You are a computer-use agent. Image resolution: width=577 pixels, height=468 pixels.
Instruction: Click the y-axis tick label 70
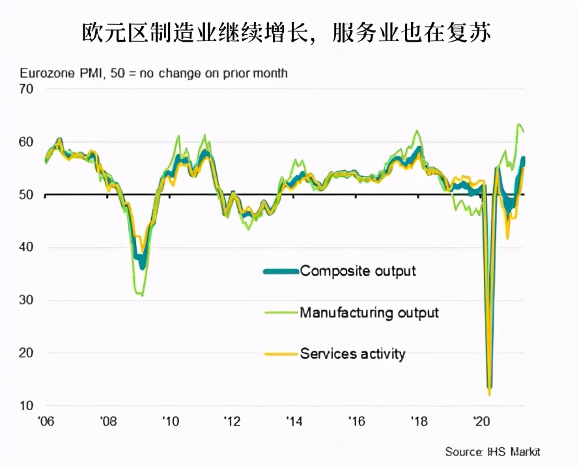[x=25, y=89]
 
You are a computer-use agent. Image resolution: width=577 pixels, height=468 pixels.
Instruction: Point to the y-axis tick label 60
[x=25, y=142]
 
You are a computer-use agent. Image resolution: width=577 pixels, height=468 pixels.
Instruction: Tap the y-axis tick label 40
[x=25, y=248]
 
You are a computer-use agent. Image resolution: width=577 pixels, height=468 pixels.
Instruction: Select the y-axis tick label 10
[x=25, y=406]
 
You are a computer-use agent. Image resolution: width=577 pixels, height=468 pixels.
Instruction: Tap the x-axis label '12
[x=232, y=420]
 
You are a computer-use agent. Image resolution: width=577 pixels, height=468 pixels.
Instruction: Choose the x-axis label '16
[x=356, y=420]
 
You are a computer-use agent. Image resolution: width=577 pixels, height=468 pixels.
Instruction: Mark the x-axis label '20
[x=481, y=420]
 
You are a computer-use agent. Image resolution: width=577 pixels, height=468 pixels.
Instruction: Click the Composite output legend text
[x=358, y=271]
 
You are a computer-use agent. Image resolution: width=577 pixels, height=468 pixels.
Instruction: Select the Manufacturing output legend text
[x=369, y=313]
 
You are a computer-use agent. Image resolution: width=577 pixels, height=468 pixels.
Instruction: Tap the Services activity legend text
[x=352, y=354]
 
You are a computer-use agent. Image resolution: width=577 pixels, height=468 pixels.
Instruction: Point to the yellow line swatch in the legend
[x=281, y=355]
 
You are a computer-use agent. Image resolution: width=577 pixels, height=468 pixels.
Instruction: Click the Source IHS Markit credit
[x=493, y=452]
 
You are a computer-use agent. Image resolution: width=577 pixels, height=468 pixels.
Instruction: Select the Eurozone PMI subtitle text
[x=154, y=73]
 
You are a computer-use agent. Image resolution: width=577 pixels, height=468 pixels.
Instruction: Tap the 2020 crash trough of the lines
[x=489, y=391]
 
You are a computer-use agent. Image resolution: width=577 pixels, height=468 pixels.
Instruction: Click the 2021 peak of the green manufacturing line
[x=520, y=124]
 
